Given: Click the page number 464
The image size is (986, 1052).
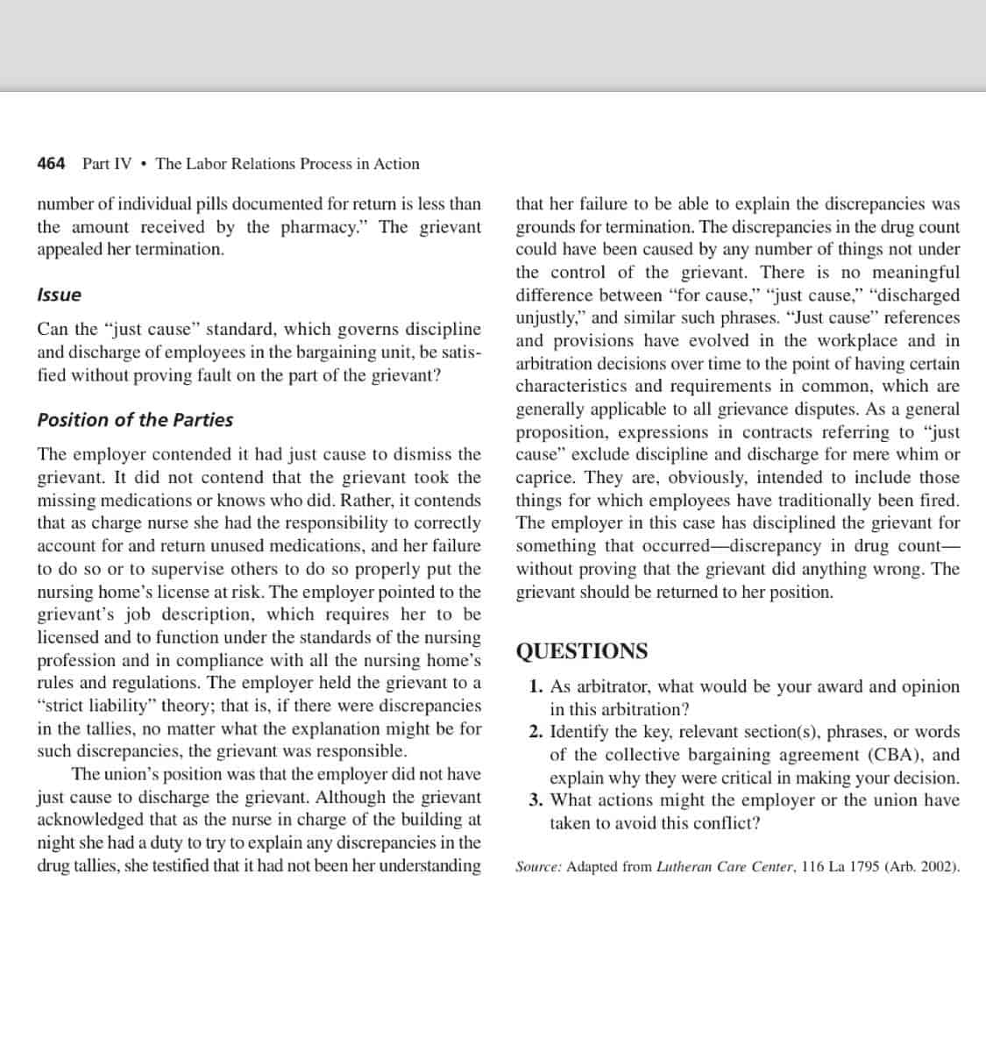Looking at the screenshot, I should coord(51,164).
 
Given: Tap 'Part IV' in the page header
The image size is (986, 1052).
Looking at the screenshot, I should coord(107,164).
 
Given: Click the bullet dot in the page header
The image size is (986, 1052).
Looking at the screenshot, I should coord(144,164).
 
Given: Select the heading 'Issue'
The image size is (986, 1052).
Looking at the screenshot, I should coord(59,295).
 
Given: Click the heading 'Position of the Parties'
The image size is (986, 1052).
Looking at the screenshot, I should coord(135,420).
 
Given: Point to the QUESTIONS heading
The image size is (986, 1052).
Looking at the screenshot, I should coord(582,651).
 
